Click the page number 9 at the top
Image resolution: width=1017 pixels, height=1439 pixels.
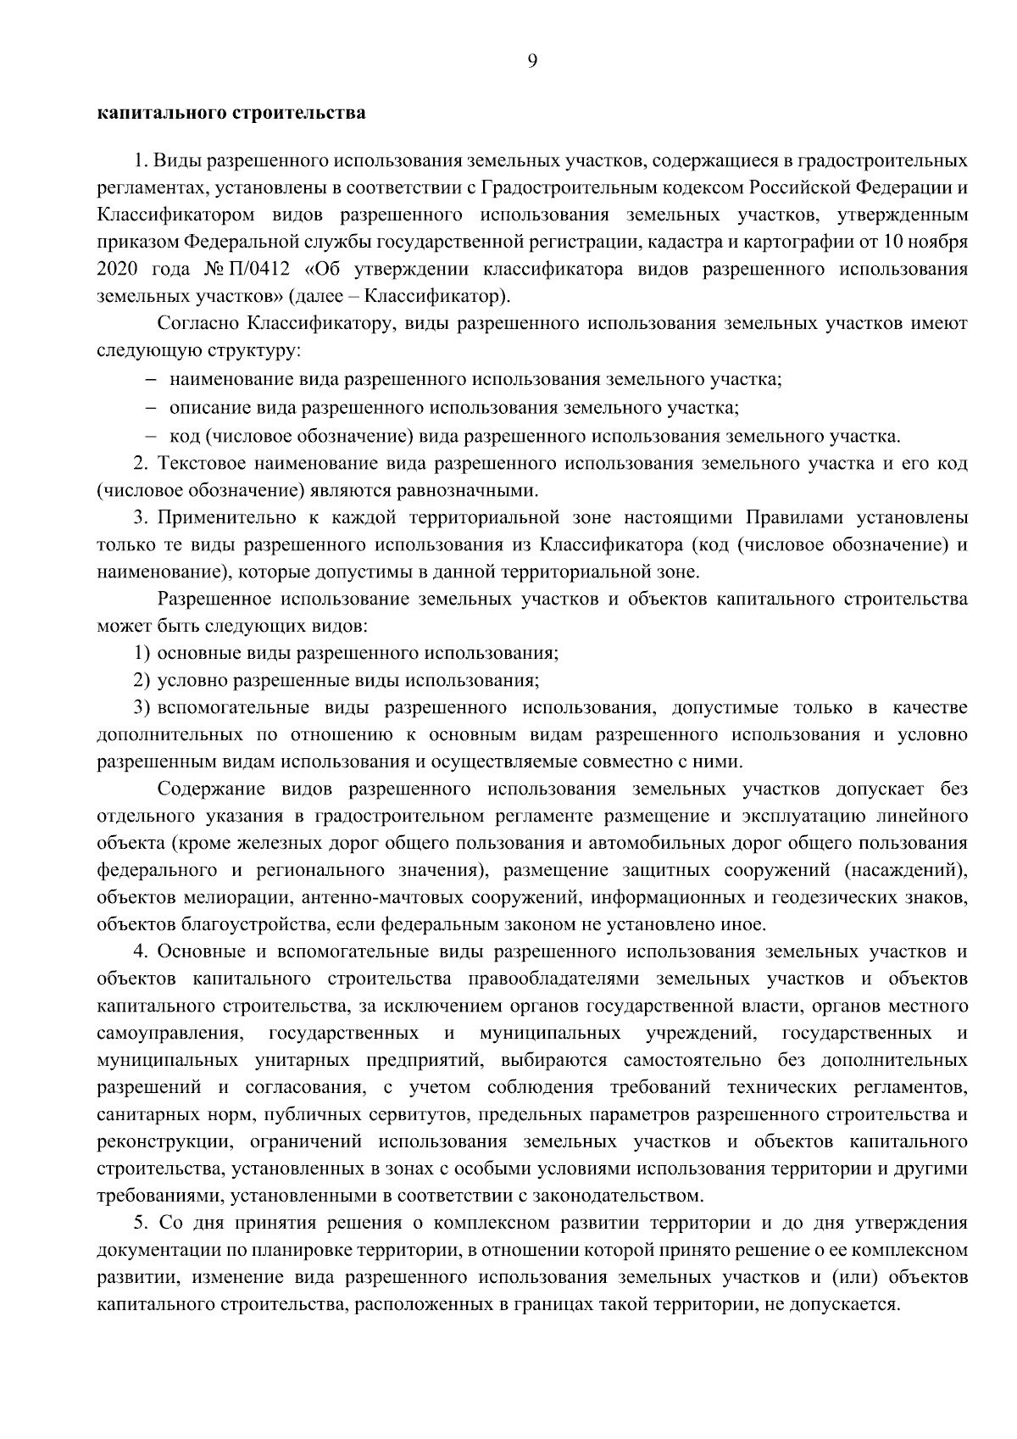click(x=531, y=59)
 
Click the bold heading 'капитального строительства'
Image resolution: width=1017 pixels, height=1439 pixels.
click(x=231, y=113)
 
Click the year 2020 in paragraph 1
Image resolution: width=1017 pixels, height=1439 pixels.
click(x=117, y=269)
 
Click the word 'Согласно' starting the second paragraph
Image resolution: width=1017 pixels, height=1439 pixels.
click(x=198, y=323)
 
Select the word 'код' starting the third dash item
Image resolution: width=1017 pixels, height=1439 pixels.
click(x=184, y=436)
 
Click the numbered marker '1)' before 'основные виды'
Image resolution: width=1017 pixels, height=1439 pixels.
click(x=142, y=653)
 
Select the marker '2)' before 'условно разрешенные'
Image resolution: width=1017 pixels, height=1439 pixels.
click(x=142, y=680)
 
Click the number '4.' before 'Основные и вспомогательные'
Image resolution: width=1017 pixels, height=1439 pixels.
click(x=142, y=952)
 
